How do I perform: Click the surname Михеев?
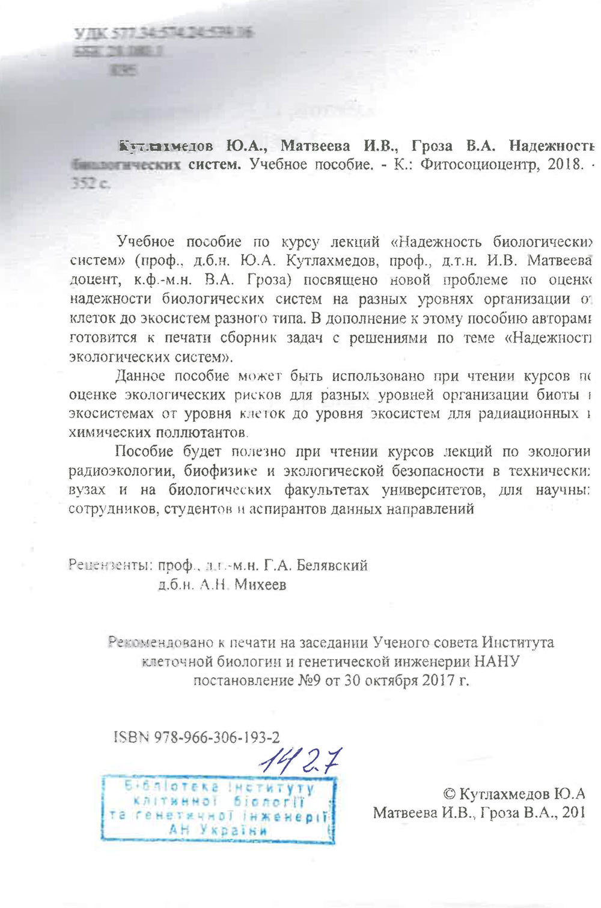[x=260, y=584]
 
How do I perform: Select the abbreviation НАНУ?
[x=496, y=662]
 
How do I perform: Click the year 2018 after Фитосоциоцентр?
[x=565, y=165]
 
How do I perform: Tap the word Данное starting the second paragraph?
[x=140, y=376]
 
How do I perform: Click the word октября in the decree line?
[x=392, y=681]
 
